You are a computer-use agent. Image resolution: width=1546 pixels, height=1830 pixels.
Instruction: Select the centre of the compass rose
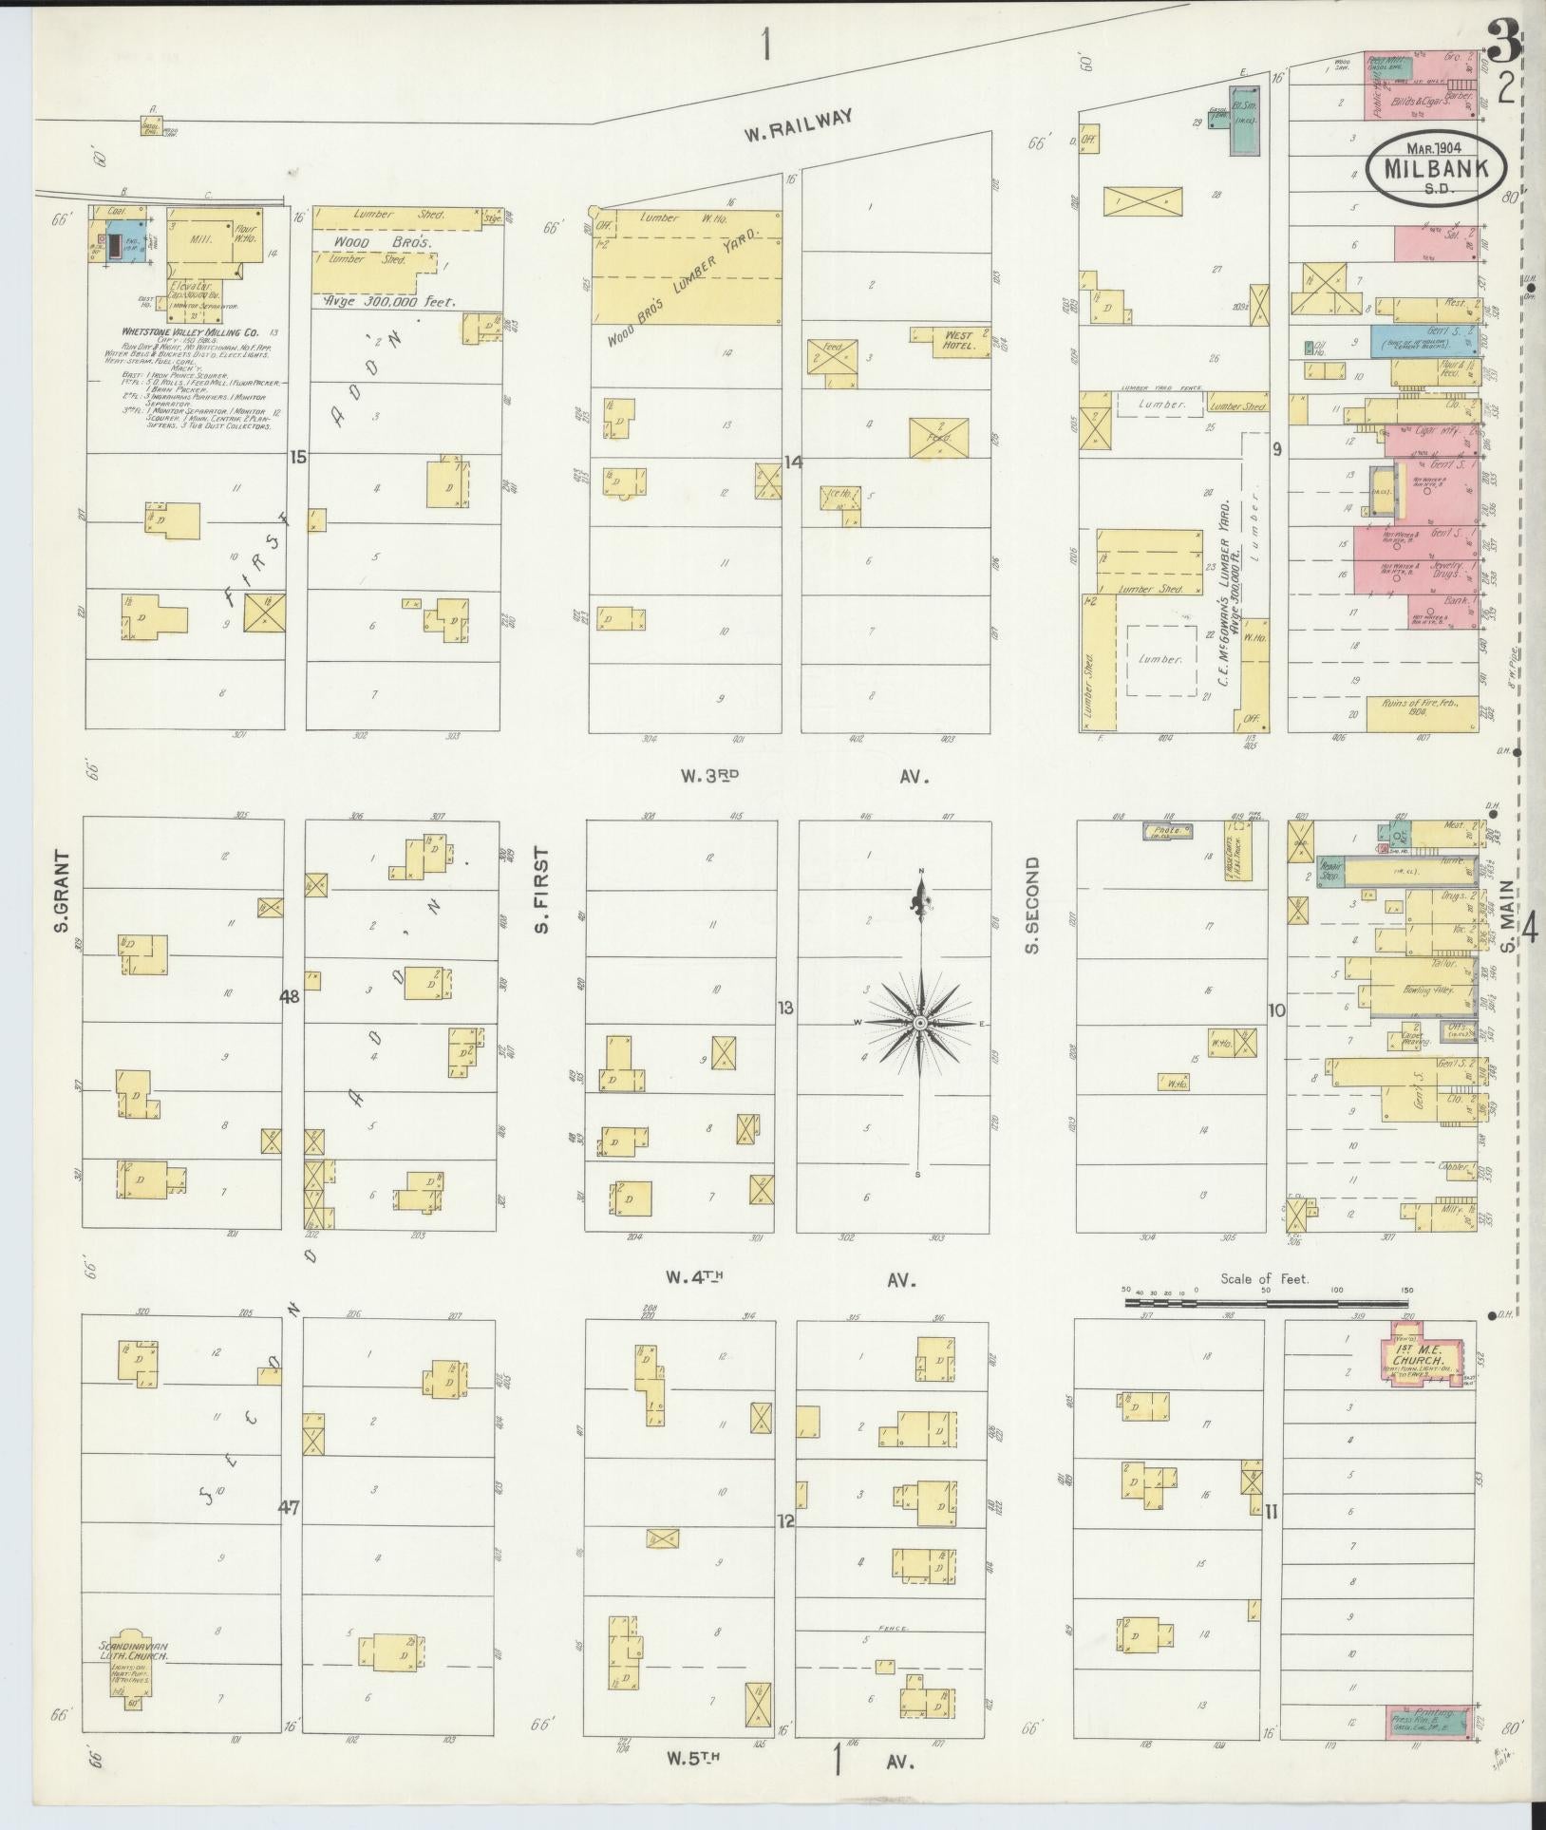(x=919, y=1022)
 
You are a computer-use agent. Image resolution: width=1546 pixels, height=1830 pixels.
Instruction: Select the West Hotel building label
(x=960, y=339)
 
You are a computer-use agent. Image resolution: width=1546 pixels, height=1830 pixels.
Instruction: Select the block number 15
(x=298, y=457)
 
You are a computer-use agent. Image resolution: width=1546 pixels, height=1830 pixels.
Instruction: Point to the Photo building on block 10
(x=1167, y=831)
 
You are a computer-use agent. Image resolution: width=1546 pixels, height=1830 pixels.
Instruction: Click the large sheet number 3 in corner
(x=1501, y=42)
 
